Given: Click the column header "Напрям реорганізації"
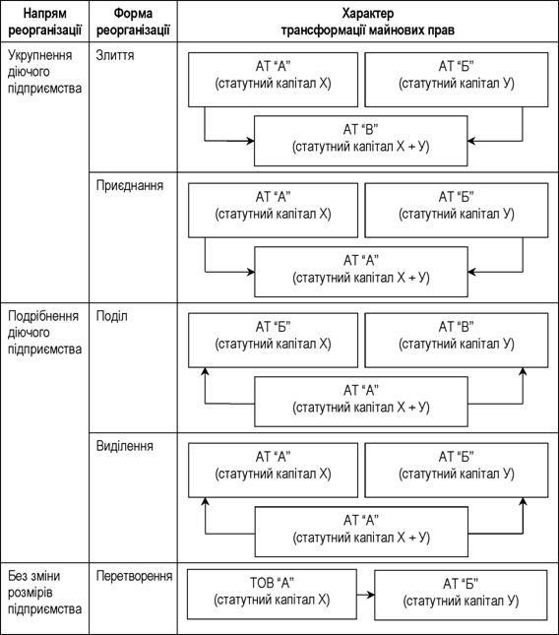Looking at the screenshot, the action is click(x=45, y=22).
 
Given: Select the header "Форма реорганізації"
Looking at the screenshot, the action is click(x=133, y=22).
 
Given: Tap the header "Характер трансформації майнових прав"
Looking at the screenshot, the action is click(x=368, y=22).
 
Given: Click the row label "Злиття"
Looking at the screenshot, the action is click(x=115, y=55).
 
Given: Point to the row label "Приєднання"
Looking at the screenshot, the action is click(x=130, y=185).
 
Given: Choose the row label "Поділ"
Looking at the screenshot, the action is click(x=112, y=316).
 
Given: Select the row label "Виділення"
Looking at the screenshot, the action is click(x=125, y=446).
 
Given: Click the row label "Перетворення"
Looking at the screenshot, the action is click(x=134, y=576).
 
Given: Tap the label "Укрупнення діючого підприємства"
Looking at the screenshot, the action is click(x=45, y=72).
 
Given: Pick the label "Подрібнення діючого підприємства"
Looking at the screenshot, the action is click(x=45, y=333).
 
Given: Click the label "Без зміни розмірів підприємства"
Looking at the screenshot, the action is click(x=45, y=593).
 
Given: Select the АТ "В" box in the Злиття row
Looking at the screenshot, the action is click(x=360, y=141).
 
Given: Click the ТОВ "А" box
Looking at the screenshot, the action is click(x=272, y=594).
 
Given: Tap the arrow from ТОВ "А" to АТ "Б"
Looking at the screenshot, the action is click(x=366, y=595).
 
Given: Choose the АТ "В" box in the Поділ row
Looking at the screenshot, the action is click(x=457, y=341).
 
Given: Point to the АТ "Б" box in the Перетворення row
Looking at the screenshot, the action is click(x=461, y=595).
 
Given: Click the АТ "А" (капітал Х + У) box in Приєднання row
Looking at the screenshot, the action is click(x=361, y=272).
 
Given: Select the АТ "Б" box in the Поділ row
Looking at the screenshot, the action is click(x=274, y=341).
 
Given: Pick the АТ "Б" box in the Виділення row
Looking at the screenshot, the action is click(x=457, y=470).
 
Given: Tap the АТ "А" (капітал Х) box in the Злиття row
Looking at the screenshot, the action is click(x=274, y=80).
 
